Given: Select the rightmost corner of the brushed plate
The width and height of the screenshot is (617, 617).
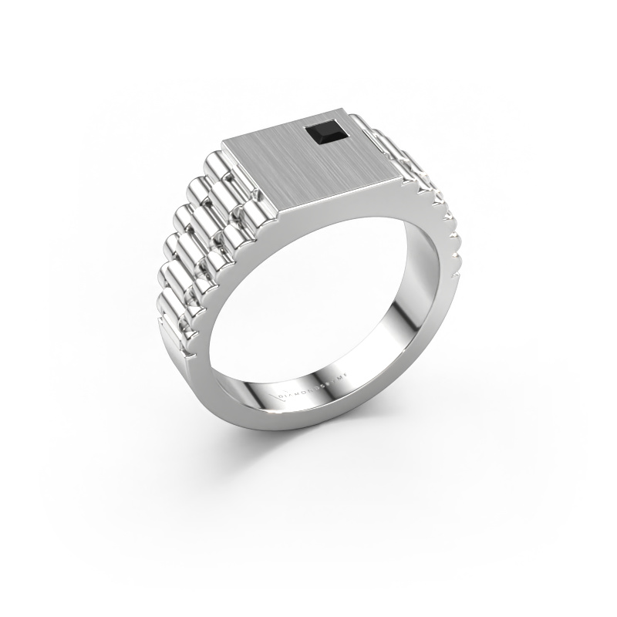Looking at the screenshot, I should point(403,176).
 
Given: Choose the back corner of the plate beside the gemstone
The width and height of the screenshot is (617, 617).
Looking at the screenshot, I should point(354,115).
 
